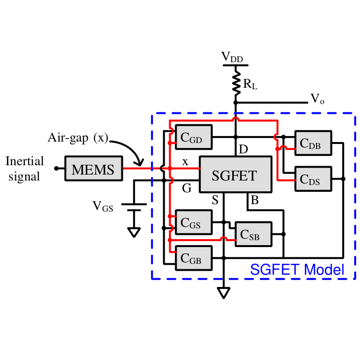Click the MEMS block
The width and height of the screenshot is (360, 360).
pyautogui.click(x=93, y=169)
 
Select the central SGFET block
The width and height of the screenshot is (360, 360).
pyautogui.click(x=235, y=175)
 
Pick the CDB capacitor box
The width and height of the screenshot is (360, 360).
pyautogui.click(x=313, y=143)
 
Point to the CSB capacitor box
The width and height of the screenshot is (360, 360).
pyautogui.click(x=253, y=234)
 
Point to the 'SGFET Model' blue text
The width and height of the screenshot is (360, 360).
pyautogui.click(x=297, y=270)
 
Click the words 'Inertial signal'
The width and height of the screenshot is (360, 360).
pyautogui.click(x=25, y=168)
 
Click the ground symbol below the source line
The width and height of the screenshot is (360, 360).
pyautogui.click(x=224, y=293)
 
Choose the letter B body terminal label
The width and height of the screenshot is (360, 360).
pyautogui.click(x=254, y=200)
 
